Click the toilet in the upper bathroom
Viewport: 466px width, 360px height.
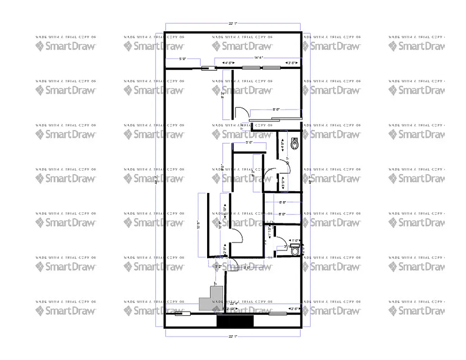(x=295, y=143)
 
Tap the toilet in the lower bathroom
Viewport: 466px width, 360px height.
(x=295, y=250)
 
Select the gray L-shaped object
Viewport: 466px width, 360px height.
(x=211, y=298)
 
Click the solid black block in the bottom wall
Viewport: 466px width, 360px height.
(x=235, y=321)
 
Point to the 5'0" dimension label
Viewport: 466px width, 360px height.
(x=183, y=59)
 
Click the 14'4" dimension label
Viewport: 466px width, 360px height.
(x=258, y=58)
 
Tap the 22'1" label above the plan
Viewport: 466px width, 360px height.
(x=233, y=23)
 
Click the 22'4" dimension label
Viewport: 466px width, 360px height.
(x=234, y=303)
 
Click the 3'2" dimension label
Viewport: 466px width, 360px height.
(x=219, y=266)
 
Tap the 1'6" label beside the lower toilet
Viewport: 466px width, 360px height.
(x=295, y=241)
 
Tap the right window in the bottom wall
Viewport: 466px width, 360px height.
(x=278, y=314)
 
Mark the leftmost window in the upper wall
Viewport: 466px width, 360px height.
(x=208, y=68)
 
